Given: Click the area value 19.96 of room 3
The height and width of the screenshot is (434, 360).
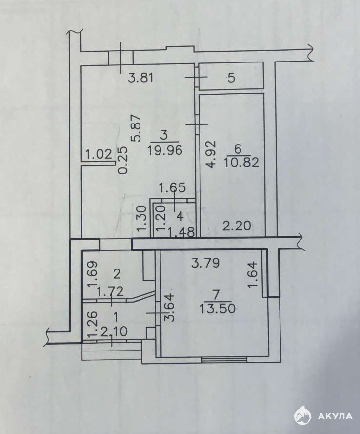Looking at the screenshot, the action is coord(165,150).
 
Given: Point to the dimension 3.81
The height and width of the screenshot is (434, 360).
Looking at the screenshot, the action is coord(141,78).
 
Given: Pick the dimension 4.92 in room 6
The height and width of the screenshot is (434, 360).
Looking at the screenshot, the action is coord(210,154).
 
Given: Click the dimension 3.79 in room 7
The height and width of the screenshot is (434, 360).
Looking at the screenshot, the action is coord(206,263).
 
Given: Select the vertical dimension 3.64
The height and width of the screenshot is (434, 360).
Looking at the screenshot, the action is coord(170,307).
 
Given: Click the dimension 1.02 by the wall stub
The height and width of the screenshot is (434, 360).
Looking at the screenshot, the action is coord(99,154).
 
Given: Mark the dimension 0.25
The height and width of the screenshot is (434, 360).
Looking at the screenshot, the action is coord(123,160).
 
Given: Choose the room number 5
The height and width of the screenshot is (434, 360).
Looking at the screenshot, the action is coord(231,78).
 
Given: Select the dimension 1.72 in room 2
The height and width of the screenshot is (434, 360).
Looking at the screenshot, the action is coord(110,291).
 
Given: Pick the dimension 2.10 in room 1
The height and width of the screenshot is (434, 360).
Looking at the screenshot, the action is coord(114,331).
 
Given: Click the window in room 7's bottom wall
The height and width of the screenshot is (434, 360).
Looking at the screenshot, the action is coord(224,359).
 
